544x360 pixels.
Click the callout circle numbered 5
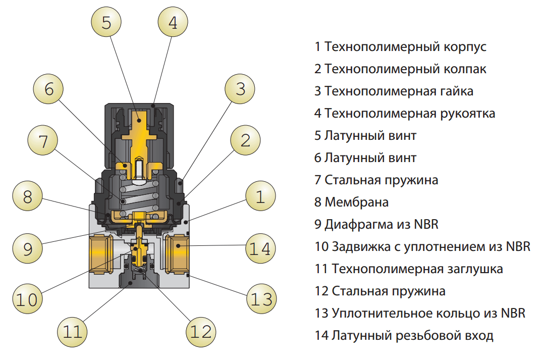(x=106, y=23)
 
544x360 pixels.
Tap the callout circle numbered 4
(x=173, y=23)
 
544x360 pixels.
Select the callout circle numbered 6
(x=49, y=89)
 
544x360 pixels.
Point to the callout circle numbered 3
(x=240, y=89)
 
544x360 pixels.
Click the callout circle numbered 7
(x=43, y=141)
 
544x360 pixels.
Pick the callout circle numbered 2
(x=245, y=141)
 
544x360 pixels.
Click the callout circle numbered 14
(x=261, y=248)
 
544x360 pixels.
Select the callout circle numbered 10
(x=28, y=300)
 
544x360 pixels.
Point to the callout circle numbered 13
(x=261, y=300)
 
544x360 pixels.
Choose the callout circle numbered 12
(x=201, y=332)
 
